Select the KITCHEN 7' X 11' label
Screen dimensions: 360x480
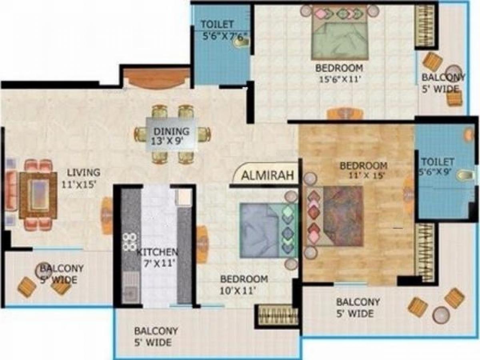(x=157, y=258)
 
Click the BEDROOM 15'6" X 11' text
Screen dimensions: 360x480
(x=339, y=73)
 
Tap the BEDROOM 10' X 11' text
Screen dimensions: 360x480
(x=244, y=284)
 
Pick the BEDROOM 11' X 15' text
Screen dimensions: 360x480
(x=363, y=170)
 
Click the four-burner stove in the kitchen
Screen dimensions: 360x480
(x=129, y=242)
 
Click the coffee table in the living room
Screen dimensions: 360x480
(x=38, y=195)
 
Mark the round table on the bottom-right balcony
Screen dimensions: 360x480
(x=441, y=314)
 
